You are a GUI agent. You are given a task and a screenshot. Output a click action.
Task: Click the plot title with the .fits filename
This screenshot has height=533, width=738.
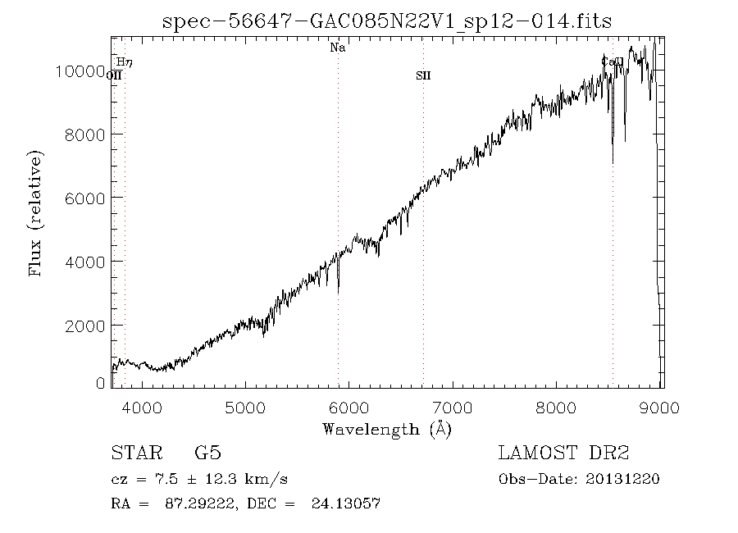point(387,21)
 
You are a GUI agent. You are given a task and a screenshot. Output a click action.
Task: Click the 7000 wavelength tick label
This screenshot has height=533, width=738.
point(453,407)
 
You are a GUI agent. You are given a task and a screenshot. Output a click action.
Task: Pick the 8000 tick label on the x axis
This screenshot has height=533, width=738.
point(558,407)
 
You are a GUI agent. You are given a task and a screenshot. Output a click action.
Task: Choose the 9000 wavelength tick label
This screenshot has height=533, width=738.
point(661,407)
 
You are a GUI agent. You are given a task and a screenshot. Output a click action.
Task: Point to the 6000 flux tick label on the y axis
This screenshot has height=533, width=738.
point(84,198)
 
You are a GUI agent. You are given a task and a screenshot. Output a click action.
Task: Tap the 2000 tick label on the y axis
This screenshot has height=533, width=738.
point(84,325)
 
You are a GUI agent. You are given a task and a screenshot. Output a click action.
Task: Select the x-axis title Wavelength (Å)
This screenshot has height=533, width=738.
point(387,429)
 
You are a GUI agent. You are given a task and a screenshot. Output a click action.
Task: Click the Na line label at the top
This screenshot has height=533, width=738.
point(337,48)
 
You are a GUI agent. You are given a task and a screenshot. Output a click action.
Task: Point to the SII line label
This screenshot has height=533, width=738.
point(423,75)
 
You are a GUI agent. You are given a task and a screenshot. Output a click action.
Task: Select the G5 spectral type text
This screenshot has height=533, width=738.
point(207,453)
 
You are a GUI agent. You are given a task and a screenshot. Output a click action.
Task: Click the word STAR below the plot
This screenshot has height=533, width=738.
point(135,453)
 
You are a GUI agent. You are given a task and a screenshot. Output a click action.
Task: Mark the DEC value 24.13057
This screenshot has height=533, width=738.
point(345,503)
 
